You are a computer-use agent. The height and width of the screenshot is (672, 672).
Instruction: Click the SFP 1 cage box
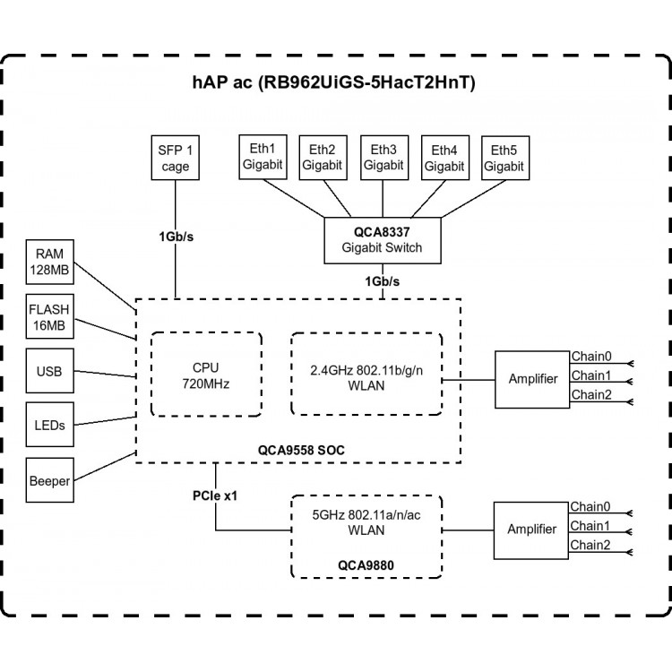pyautogui.click(x=176, y=158)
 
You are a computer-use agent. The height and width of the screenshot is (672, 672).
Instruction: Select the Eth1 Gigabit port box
pyautogui.click(x=263, y=157)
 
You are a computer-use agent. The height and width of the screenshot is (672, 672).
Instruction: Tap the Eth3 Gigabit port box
pyautogui.click(x=384, y=158)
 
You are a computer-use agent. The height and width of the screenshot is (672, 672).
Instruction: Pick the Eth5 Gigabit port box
pyautogui.click(x=505, y=158)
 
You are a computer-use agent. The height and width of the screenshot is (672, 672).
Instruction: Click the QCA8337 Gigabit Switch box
pyautogui.click(x=383, y=240)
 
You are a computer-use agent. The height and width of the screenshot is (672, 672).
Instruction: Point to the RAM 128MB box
pyautogui.click(x=49, y=262)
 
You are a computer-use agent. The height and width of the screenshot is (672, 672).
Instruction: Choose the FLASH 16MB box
pyautogui.click(x=49, y=316)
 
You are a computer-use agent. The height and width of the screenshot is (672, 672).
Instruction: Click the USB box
pyautogui.click(x=49, y=371)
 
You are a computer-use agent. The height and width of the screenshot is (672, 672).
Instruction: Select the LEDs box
pyautogui.click(x=49, y=425)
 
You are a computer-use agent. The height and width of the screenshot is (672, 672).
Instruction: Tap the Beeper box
pyautogui.click(x=49, y=480)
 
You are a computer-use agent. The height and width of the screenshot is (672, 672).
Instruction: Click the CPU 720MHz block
pyautogui.click(x=206, y=375)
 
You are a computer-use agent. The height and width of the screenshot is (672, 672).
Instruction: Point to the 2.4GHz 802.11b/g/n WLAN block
pyautogui.click(x=366, y=375)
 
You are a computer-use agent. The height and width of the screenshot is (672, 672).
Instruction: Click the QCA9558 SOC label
pyautogui.click(x=301, y=451)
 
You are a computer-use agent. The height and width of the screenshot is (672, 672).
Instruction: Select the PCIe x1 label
pyautogui.click(x=215, y=495)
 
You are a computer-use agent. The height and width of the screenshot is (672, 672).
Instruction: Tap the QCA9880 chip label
pyautogui.click(x=366, y=565)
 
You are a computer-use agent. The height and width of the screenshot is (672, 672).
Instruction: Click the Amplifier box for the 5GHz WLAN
pyautogui.click(x=531, y=530)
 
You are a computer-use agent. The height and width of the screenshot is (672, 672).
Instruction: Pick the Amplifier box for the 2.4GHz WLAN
pyautogui.click(x=532, y=380)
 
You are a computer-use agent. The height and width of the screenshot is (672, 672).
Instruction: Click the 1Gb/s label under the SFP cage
pyautogui.click(x=177, y=237)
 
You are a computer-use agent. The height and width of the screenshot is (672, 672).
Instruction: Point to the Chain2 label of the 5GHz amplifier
pyautogui.click(x=590, y=545)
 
